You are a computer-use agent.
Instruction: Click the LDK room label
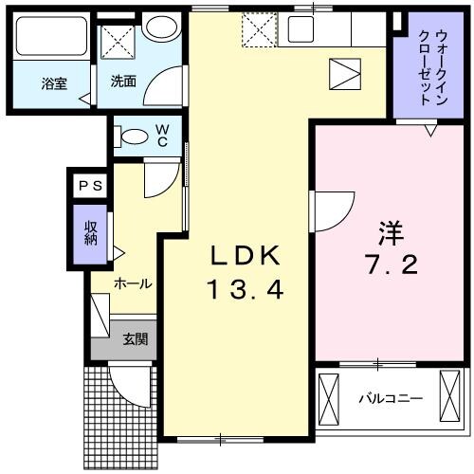tap(246, 256)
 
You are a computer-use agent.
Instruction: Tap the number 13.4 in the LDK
tap(246, 290)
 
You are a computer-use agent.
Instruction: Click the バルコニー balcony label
tap(390, 398)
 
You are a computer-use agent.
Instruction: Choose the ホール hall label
tap(133, 283)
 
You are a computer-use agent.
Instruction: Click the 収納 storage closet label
tap(91, 233)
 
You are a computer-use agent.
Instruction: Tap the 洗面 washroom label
tap(123, 82)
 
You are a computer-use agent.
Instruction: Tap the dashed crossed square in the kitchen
tap(257, 30)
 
